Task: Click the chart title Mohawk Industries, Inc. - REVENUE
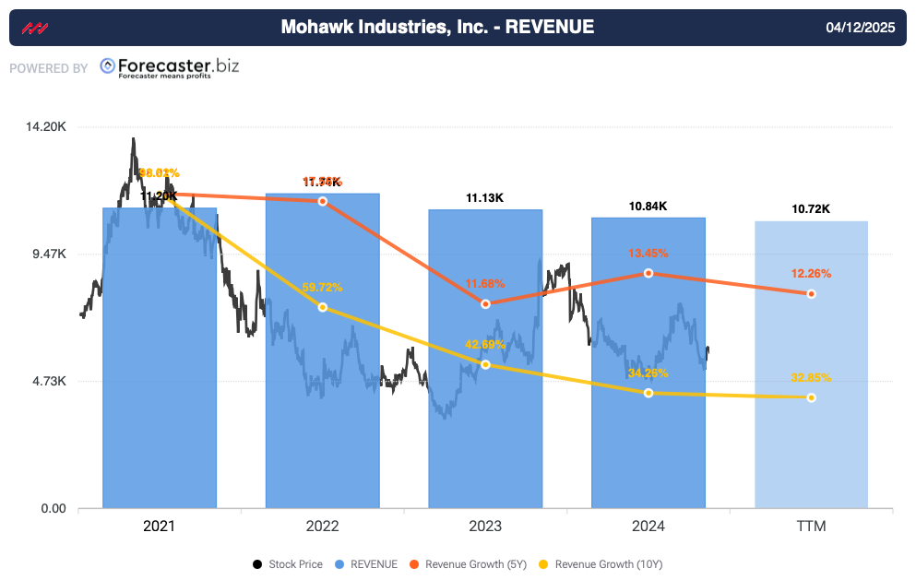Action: tap(437, 28)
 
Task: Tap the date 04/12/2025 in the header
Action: tap(862, 28)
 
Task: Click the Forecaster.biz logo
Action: tap(169, 67)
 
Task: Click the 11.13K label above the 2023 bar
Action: tap(485, 197)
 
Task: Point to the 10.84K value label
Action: tap(648, 206)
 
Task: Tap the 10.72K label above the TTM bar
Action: tap(811, 208)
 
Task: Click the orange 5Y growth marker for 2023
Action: tap(485, 303)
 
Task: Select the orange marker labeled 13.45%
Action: tap(648, 273)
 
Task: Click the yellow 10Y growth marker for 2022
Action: tap(322, 307)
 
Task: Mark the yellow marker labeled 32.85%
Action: tap(811, 397)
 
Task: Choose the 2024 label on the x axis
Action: tap(648, 527)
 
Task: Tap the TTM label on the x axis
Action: tap(811, 527)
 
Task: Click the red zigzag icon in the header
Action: tap(34, 28)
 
